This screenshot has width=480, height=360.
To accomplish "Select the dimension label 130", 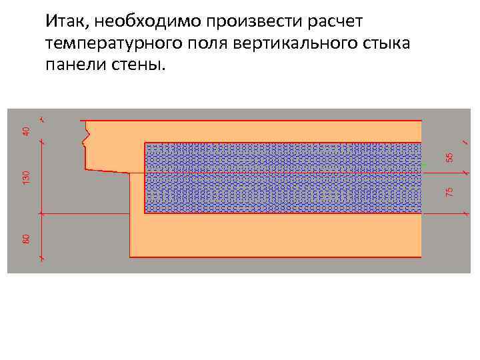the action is pos(26,177).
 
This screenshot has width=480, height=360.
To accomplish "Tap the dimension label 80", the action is pos(26,237).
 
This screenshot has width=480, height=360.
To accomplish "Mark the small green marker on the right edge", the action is pos(423,164).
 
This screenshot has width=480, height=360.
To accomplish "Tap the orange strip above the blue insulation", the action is pos(267,131).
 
